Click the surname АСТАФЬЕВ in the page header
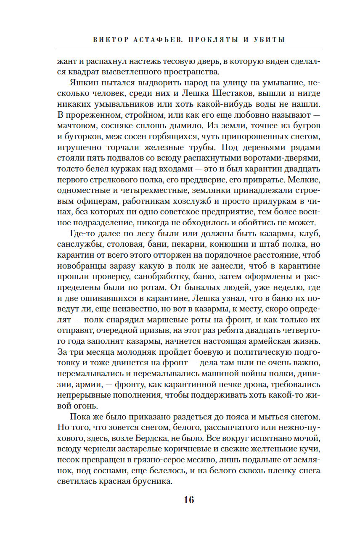pos(159,40)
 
